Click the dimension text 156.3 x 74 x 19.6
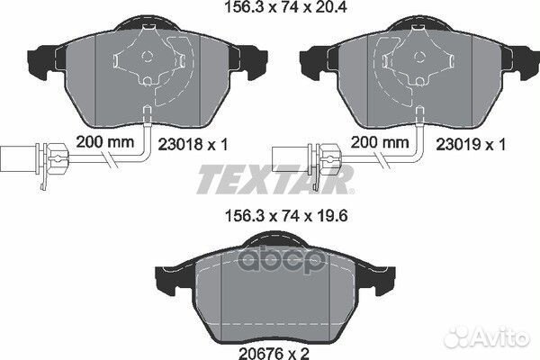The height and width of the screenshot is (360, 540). pos(271,215)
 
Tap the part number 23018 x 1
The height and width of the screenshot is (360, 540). pos(222,143)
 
